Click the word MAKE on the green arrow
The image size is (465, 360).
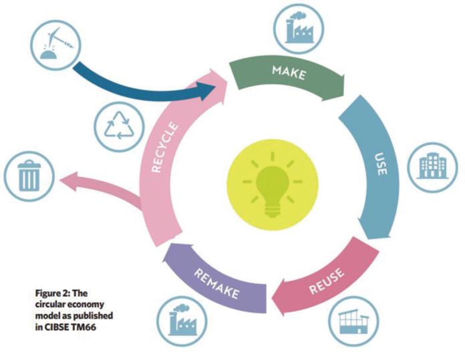click(289, 71)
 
